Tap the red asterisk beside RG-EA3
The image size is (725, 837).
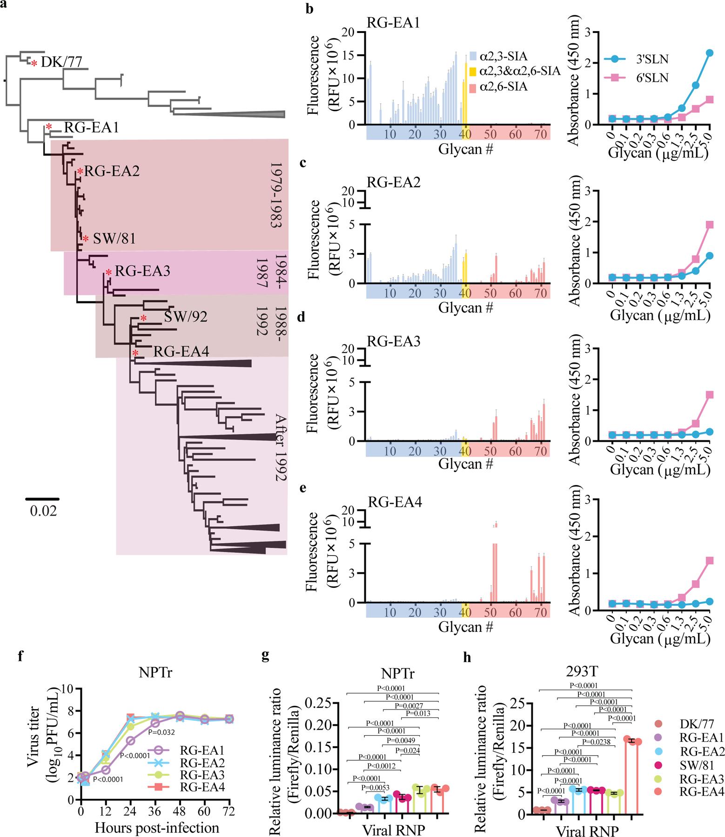[x=108, y=273]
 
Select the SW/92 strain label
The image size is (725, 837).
[x=185, y=317]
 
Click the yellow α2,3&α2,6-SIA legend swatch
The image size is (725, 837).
[x=473, y=71]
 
